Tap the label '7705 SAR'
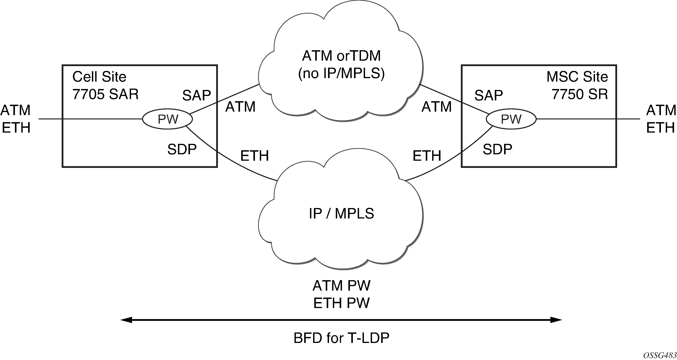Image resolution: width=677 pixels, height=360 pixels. tap(105, 94)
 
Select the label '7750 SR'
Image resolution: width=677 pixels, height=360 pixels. tap(580, 94)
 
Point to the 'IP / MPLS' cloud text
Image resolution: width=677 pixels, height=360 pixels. tap(341, 213)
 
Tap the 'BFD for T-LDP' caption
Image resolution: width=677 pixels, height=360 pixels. tap(341, 338)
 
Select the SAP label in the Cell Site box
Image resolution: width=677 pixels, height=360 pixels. tap(197, 95)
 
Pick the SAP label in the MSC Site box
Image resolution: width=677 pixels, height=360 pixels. tap(489, 95)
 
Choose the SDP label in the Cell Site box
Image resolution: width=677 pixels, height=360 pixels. tap(182, 149)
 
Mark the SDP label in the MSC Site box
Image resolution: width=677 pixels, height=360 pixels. tap(497, 149)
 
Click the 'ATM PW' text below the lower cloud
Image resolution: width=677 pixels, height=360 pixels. tap(341, 286)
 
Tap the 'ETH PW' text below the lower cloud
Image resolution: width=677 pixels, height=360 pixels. tap(341, 303)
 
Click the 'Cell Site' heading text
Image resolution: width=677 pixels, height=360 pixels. tap(99, 77)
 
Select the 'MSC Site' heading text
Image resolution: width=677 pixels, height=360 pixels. tap(577, 77)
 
